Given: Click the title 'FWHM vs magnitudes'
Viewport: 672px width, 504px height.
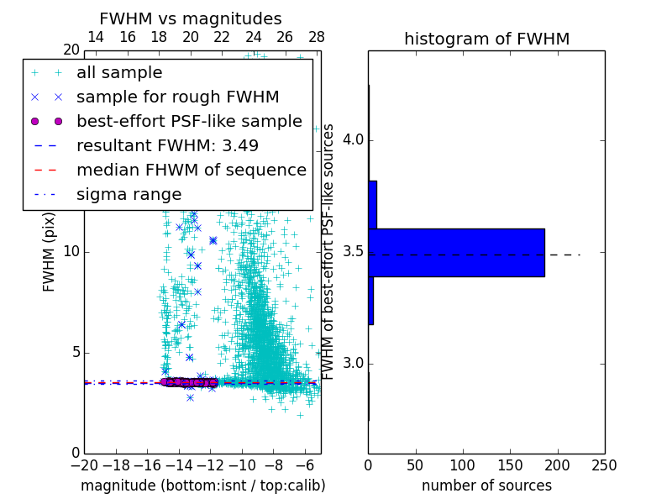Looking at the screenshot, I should click(191, 18).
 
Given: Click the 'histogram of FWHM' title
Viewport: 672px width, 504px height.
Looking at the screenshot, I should click(486, 39).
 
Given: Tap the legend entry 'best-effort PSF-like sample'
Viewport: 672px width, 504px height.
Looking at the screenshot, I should click(189, 121).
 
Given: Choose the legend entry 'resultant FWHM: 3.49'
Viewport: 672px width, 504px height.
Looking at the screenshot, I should click(167, 145).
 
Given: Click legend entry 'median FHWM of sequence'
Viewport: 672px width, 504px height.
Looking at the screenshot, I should click(191, 170).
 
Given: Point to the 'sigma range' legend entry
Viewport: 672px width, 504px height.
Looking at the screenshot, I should click(129, 194).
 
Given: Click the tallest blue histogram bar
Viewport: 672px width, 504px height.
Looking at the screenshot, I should click(456, 252).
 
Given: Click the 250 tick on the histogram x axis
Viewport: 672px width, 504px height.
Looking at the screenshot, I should click(604, 465).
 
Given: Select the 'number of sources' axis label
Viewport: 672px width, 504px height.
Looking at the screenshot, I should click(486, 486).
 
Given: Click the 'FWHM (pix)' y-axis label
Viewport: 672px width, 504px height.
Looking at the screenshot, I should click(50, 251).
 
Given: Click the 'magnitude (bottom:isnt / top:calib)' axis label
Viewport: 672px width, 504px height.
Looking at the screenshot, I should click(202, 486).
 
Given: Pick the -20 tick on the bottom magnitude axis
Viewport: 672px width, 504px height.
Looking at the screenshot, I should click(84, 465).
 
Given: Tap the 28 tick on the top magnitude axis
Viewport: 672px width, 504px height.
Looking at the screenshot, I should click(317, 37).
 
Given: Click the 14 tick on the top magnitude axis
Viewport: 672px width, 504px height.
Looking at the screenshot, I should click(96, 37).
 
